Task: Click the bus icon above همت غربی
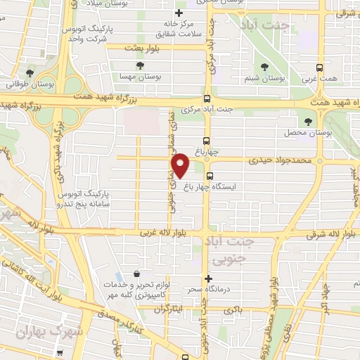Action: point(320,67)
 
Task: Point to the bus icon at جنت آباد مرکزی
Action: point(207,99)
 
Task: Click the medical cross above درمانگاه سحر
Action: point(208,278)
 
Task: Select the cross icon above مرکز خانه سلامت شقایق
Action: point(179,13)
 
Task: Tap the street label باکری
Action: point(233,309)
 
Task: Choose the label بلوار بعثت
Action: point(139,48)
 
